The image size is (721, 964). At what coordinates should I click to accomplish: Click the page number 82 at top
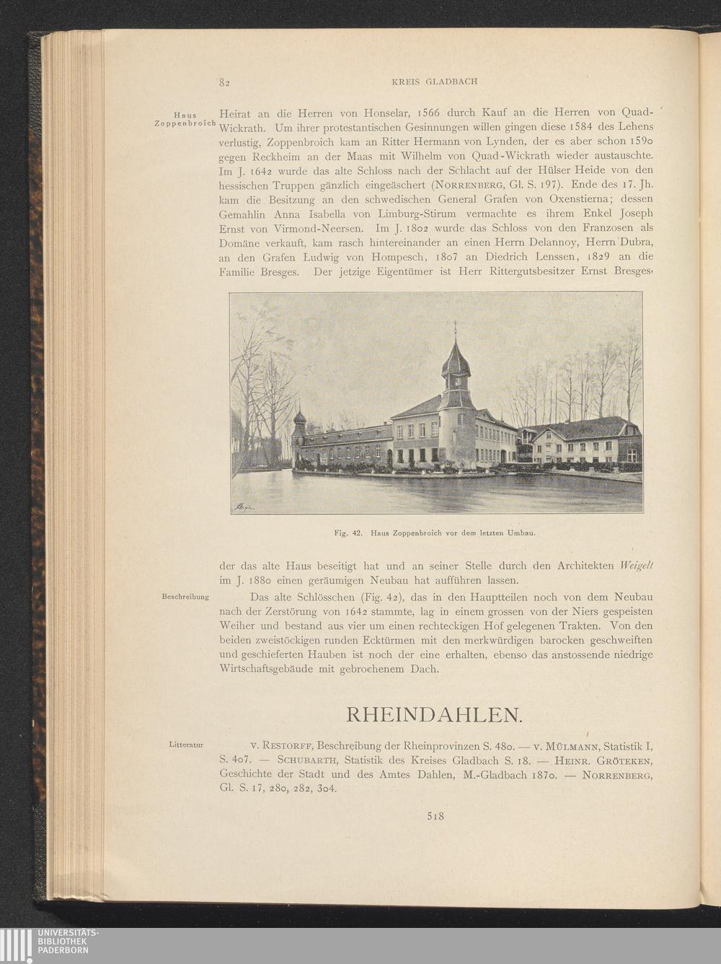[224, 82]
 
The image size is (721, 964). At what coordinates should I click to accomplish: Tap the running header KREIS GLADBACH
[434, 82]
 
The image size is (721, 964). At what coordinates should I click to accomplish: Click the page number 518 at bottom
[434, 817]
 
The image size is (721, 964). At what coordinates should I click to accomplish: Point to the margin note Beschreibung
[185, 597]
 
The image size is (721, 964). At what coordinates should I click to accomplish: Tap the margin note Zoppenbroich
[185, 123]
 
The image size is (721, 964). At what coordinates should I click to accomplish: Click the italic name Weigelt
[635, 565]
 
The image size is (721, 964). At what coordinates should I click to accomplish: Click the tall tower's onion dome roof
[455, 361]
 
